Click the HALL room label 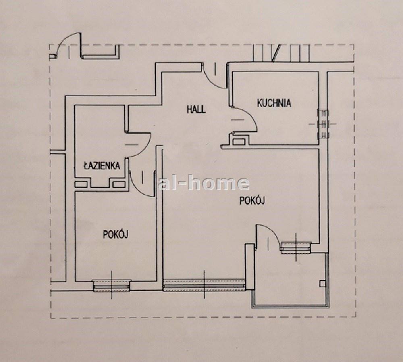[196, 109]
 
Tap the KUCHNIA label [274, 103]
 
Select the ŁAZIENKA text [102, 165]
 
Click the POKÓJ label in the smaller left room [115, 234]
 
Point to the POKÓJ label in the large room [252, 200]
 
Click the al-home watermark [204, 183]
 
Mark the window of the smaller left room [112, 286]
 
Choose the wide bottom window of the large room [204, 285]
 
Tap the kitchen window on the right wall [323, 124]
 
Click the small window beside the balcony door [295, 247]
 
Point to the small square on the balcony [322, 283]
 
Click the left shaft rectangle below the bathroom [81, 184]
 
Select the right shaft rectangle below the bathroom [119, 184]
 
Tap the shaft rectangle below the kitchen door [239, 142]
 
